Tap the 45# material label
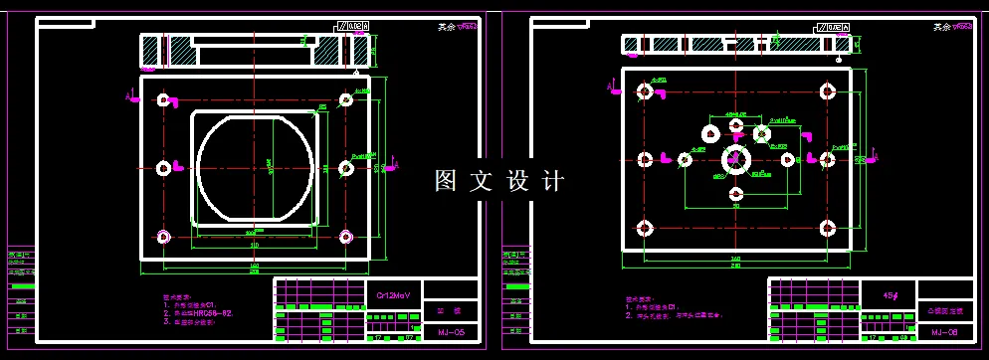tap(891, 295)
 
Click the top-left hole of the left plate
tap(163, 99)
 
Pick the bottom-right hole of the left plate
tap(345, 237)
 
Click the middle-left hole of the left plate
tap(163, 167)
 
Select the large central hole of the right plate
tap(736, 158)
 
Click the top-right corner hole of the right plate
tap(826, 91)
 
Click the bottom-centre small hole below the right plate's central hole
tap(736, 194)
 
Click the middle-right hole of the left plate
tap(345, 167)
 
